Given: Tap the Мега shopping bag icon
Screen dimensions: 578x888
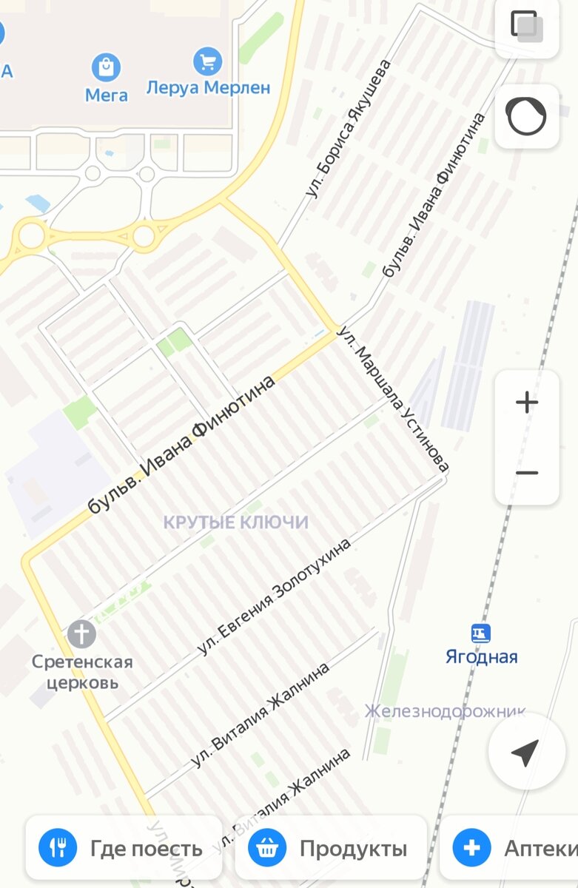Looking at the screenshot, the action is tap(107, 67).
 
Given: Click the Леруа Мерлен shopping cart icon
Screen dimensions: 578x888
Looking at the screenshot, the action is tap(207, 61).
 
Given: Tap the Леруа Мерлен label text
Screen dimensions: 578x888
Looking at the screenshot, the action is tap(208, 87).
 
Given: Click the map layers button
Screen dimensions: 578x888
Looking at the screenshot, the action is tap(526, 27).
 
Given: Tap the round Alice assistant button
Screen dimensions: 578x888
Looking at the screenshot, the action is tap(526, 115).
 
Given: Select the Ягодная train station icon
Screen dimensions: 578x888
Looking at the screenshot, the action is tap(481, 633).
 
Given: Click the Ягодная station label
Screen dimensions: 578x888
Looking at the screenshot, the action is tap(481, 657).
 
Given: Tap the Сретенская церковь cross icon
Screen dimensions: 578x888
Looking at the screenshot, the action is tap(81, 634).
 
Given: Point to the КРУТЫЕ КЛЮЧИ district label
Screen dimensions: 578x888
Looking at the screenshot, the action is tap(235, 522).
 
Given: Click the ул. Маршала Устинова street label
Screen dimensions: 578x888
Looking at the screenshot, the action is tap(393, 398).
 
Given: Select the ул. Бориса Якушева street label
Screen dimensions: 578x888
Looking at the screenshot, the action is tap(348, 128).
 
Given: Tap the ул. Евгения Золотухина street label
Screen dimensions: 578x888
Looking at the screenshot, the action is tap(274, 596).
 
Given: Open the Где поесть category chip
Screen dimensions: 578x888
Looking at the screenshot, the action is tap(124, 848).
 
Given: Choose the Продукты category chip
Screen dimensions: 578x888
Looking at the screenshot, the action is tap(331, 848).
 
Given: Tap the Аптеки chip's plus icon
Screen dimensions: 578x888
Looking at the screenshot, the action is tap(471, 848).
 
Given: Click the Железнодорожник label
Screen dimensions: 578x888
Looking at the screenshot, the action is tap(444, 711).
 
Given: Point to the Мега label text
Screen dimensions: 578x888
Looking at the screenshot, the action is tap(107, 95).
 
